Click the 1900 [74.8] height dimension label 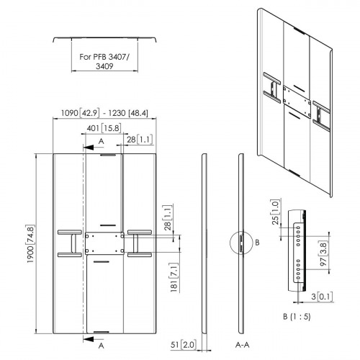coord(31,244)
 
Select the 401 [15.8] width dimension coord(104,128)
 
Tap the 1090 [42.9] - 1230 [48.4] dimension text coord(104,113)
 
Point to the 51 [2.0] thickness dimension coord(184,345)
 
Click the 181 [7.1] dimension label coord(174,277)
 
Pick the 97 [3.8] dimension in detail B coord(323,254)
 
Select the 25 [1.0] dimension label coord(275,212)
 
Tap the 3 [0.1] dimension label coord(322,297)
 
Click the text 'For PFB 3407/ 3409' coord(104,61)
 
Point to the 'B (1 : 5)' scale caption coord(297,317)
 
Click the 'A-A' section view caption coord(243,345)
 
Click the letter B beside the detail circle coord(257,243)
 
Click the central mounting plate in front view coord(104,243)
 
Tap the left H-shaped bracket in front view coord(70,243)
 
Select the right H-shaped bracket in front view coord(140,243)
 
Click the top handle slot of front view coord(108,155)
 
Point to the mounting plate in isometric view coord(297,102)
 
